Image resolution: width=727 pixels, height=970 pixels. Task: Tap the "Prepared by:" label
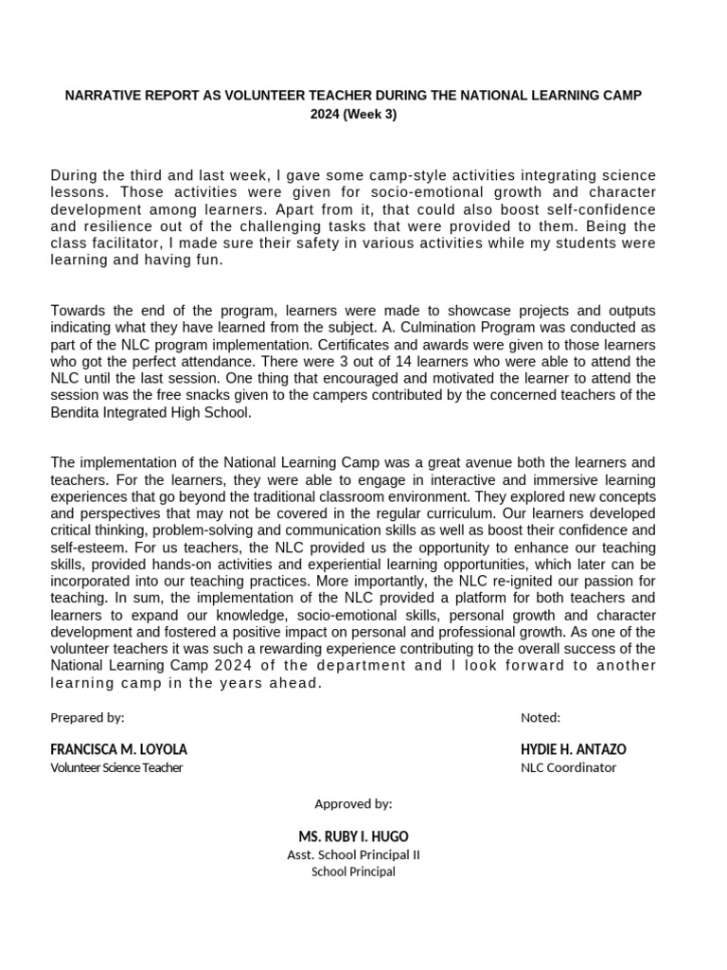coord(87,717)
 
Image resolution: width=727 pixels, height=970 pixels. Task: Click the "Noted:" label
coord(541,717)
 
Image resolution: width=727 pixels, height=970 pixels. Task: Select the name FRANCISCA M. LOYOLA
coord(118,749)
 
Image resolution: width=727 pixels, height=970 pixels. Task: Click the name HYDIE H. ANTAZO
coord(573,749)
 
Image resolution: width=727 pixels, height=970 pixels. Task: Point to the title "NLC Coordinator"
coord(568,767)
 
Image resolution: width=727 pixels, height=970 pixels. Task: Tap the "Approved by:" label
coord(353,803)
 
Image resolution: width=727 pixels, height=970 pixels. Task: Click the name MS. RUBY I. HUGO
coord(353,836)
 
